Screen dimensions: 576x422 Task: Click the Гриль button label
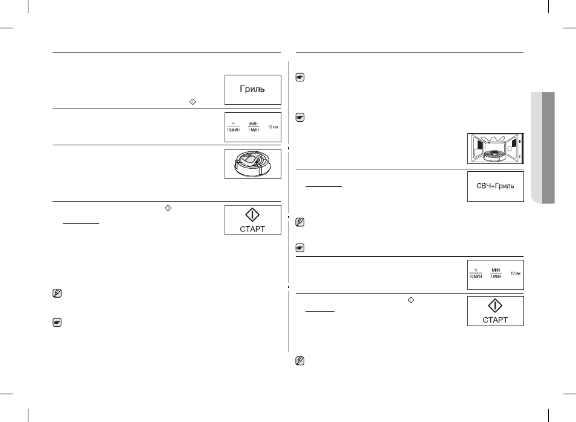tap(252, 89)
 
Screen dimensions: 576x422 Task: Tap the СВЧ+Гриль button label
tap(495, 186)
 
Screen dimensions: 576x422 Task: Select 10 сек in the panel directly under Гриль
tap(273, 127)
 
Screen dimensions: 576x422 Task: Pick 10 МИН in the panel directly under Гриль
tap(233, 130)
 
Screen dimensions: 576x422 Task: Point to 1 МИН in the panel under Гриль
tap(254, 130)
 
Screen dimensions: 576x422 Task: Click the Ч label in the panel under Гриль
tap(233, 124)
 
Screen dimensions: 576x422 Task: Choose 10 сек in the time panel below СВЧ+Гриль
tap(516, 274)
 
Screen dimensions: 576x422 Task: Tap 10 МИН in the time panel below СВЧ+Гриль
tap(475, 277)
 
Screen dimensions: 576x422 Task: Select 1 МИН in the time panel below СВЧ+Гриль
tap(496, 277)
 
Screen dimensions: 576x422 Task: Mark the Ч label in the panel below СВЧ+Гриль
tap(476, 270)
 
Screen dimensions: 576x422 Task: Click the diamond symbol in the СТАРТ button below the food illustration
tap(252, 215)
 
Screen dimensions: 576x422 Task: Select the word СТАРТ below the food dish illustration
tap(252, 230)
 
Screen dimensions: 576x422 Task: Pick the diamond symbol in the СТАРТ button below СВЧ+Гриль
tap(495, 306)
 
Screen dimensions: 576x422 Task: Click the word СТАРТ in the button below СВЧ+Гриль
tap(495, 320)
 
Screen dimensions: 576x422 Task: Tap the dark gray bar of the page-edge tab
tap(548, 148)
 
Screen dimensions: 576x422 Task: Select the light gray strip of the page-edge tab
tap(536, 148)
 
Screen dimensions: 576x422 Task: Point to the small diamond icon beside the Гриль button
tap(193, 102)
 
